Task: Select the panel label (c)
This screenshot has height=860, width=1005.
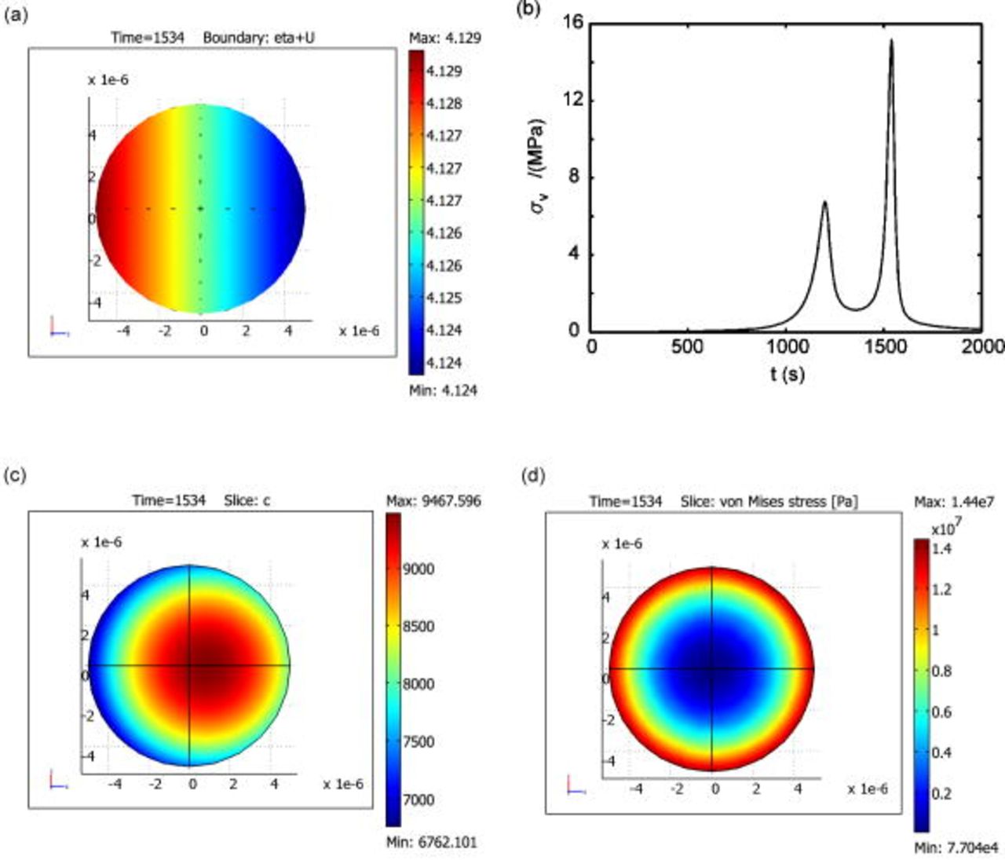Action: [16, 477]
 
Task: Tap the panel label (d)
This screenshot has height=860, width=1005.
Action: [534, 477]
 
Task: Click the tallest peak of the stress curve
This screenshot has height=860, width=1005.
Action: [891, 40]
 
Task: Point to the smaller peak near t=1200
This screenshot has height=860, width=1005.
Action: [824, 202]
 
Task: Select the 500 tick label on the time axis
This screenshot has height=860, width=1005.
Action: [687, 347]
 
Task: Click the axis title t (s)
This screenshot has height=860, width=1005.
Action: [786, 374]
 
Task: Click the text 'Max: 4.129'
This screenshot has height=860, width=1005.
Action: [445, 38]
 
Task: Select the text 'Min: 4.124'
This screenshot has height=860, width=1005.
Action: [443, 390]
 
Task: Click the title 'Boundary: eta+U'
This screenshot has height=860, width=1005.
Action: [259, 38]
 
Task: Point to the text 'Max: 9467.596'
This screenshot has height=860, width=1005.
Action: [433, 500]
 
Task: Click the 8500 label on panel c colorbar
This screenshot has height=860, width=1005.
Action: [418, 626]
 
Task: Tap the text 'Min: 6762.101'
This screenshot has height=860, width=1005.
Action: [431, 842]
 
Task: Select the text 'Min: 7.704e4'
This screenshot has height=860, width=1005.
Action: [956, 847]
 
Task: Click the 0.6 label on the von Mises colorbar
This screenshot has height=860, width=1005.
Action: [941, 712]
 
